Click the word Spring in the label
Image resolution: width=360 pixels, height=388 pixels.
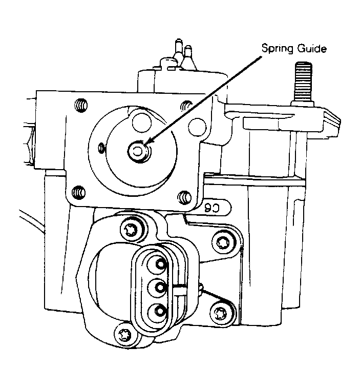[278, 49]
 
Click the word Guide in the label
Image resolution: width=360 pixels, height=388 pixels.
[312, 48]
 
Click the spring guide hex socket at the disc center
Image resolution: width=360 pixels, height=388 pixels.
[137, 151]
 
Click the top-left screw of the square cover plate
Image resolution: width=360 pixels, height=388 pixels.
[81, 105]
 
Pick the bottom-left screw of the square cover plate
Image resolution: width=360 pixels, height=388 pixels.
[79, 192]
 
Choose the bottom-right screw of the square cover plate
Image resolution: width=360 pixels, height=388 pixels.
[184, 197]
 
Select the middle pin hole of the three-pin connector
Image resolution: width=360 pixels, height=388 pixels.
[160, 288]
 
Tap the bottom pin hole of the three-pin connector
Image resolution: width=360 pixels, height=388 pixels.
[160, 311]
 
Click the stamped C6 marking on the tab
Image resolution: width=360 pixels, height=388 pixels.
[213, 208]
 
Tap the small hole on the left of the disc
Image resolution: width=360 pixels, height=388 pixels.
[101, 148]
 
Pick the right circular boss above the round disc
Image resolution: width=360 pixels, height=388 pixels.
[197, 127]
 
